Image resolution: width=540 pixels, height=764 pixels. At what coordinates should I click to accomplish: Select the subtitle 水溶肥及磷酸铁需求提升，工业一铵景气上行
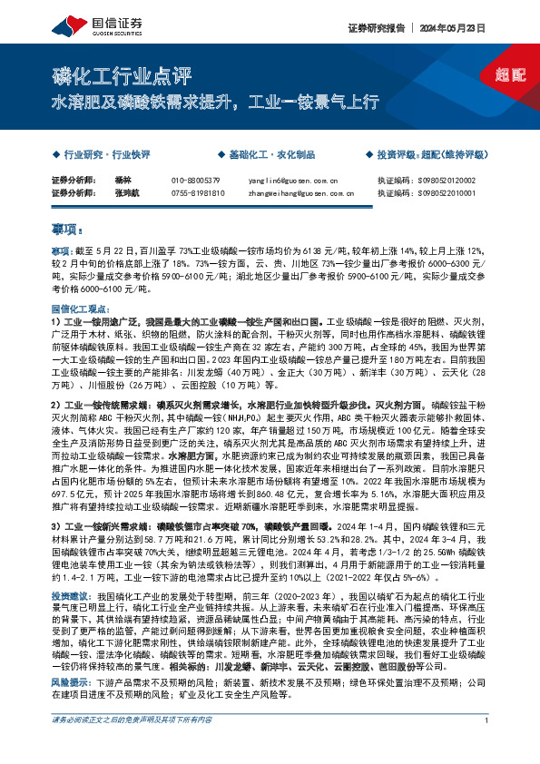click(214, 102)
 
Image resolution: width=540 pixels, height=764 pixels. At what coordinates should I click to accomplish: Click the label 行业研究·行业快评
click(99, 155)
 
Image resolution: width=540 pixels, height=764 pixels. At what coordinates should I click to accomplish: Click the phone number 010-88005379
click(195, 180)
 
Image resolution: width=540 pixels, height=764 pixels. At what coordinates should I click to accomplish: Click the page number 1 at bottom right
click(487, 746)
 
